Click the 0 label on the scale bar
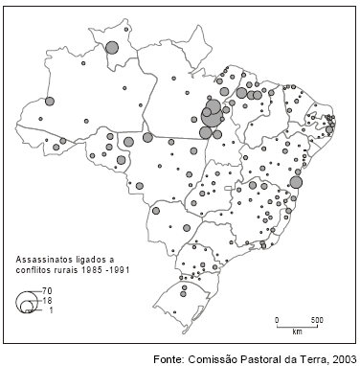click(x=277, y=319)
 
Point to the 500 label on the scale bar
click(x=316, y=319)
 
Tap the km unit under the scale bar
click(x=298, y=332)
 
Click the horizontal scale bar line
click(x=298, y=326)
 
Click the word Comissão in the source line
click(x=222, y=358)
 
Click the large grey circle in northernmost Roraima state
click(x=112, y=47)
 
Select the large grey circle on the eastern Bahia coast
click(x=297, y=182)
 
